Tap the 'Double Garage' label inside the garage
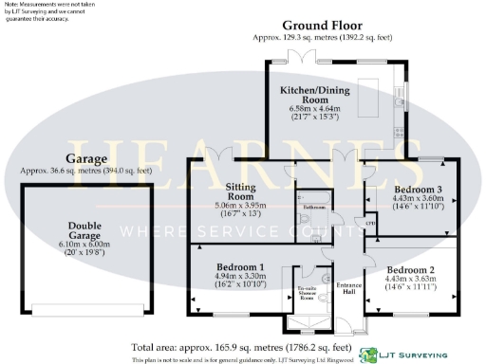pyautogui.click(x=85, y=231)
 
